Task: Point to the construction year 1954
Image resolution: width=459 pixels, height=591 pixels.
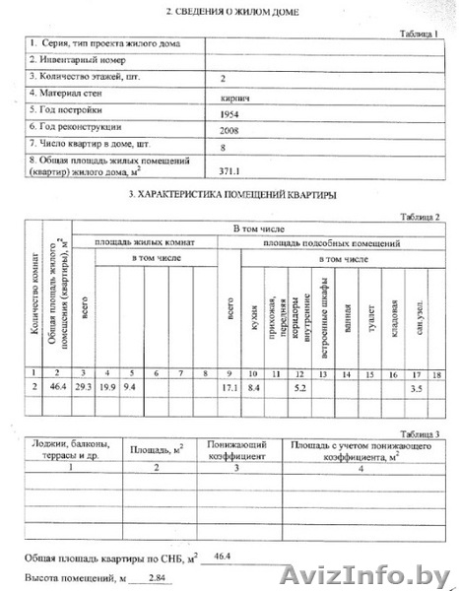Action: tap(232, 114)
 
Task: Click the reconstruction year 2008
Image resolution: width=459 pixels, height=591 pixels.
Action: tap(232, 129)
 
